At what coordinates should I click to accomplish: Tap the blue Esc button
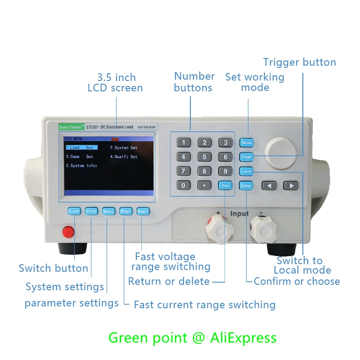click(x=225, y=185)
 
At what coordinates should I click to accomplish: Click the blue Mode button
click(x=247, y=143)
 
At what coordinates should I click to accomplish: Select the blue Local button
click(x=247, y=171)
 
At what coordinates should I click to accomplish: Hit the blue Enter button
click(x=246, y=185)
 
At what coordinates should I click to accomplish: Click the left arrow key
click(x=270, y=185)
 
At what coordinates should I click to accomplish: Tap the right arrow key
click(x=291, y=185)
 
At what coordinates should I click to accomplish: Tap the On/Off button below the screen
click(x=74, y=211)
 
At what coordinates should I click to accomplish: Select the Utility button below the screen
click(x=91, y=211)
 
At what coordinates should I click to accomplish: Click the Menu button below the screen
click(x=108, y=211)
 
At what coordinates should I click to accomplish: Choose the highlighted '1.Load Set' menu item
click(x=81, y=148)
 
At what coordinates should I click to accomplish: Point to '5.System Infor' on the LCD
click(x=81, y=166)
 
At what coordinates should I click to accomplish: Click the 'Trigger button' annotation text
click(x=300, y=62)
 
